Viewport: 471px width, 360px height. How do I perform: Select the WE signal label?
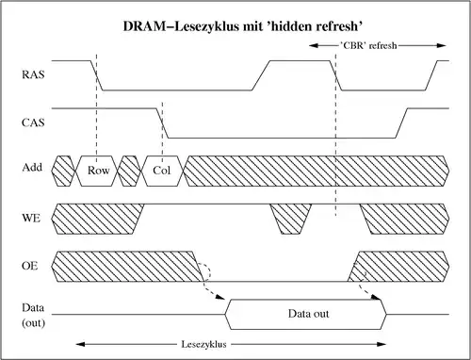click(x=30, y=218)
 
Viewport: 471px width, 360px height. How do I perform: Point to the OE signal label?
click(x=30, y=267)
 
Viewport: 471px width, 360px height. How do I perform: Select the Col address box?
click(x=162, y=170)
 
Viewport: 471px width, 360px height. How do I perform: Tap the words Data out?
click(x=305, y=312)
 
